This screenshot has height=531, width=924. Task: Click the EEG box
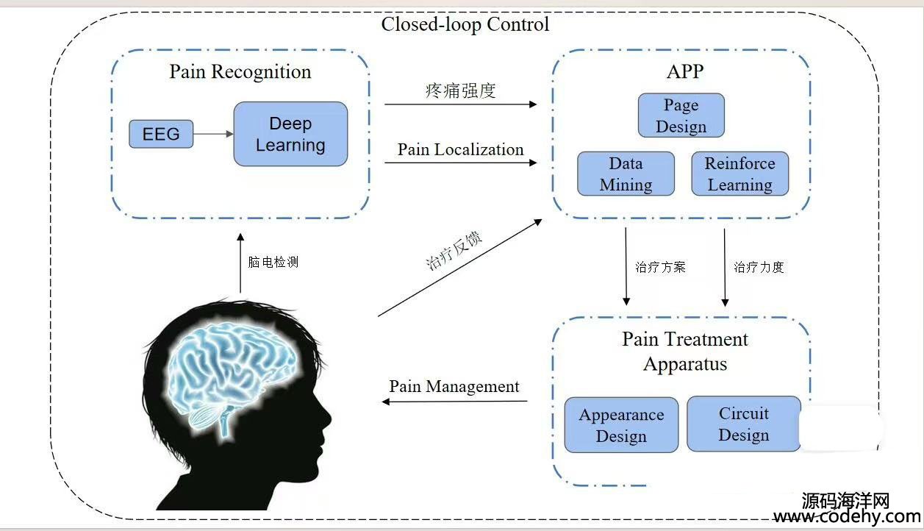pyautogui.click(x=161, y=134)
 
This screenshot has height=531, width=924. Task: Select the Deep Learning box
pyautogui.click(x=290, y=134)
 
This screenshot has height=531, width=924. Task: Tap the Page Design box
pyautogui.click(x=681, y=115)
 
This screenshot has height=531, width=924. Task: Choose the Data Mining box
pyautogui.click(x=626, y=174)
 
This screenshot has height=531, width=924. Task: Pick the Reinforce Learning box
pyautogui.click(x=740, y=174)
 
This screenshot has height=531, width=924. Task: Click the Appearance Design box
pyautogui.click(x=621, y=425)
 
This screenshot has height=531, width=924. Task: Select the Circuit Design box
pyautogui.click(x=744, y=424)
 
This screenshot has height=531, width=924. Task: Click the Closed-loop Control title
pyautogui.click(x=465, y=24)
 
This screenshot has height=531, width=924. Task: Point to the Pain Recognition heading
pyautogui.click(x=240, y=72)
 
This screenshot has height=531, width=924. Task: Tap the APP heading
pyautogui.click(x=685, y=71)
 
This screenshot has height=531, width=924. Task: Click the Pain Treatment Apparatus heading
pyautogui.click(x=685, y=352)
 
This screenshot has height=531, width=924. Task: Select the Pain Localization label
pyautogui.click(x=460, y=149)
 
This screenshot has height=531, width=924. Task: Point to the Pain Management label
pyautogui.click(x=454, y=387)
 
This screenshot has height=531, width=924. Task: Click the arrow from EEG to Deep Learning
pyautogui.click(x=213, y=134)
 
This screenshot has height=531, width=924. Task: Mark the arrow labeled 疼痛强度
pyautogui.click(x=460, y=104)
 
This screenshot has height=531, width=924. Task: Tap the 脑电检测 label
pyautogui.click(x=273, y=262)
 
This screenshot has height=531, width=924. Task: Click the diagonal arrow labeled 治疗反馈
pyautogui.click(x=460, y=268)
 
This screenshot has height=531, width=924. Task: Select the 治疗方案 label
pyautogui.click(x=660, y=268)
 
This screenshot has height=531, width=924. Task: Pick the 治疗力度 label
pyautogui.click(x=759, y=268)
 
